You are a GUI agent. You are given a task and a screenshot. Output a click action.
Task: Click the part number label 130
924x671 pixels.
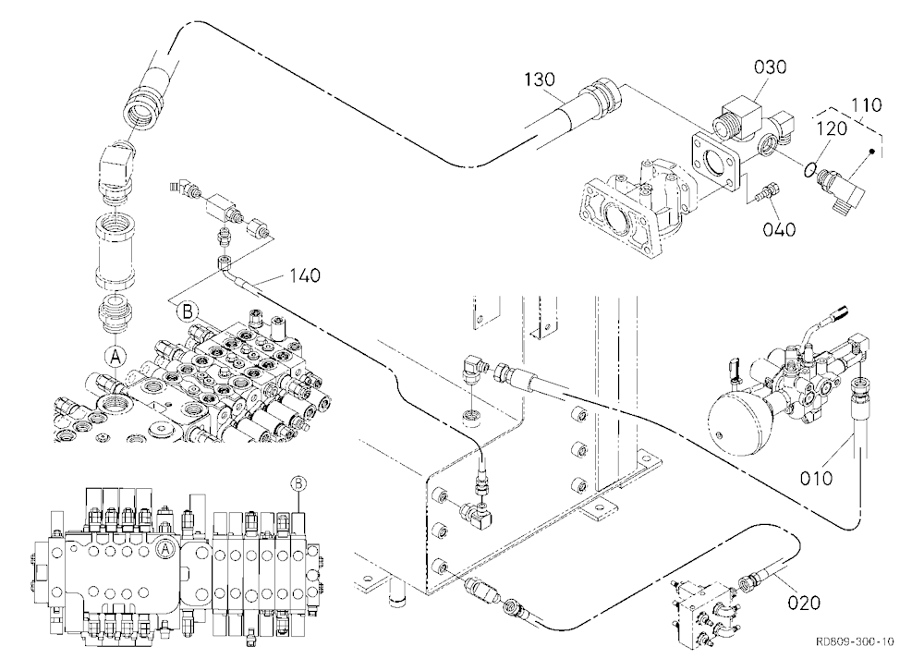click(540, 79)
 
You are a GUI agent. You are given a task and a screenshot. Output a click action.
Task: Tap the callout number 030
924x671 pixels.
click(771, 67)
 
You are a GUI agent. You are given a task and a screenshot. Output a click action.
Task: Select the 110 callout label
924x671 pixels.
click(867, 105)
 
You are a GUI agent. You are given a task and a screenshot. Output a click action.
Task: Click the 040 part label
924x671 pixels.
click(779, 229)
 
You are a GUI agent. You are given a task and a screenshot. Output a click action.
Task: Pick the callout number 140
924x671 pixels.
click(305, 275)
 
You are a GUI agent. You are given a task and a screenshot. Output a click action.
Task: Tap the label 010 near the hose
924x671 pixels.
click(816, 478)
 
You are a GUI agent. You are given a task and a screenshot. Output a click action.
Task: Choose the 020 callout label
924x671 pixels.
click(804, 603)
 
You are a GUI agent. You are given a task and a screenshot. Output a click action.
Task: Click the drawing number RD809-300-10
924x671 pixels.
click(855, 641)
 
